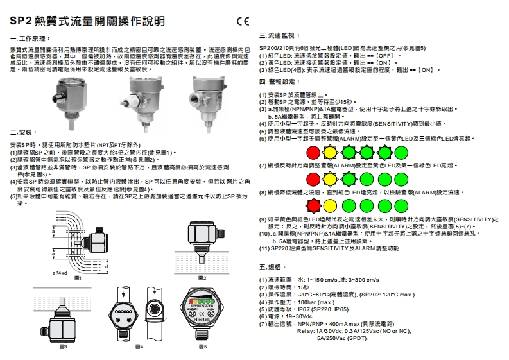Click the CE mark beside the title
[x=241, y=21]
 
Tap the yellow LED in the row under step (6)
[x=330, y=152]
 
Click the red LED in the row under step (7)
[x=313, y=178]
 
